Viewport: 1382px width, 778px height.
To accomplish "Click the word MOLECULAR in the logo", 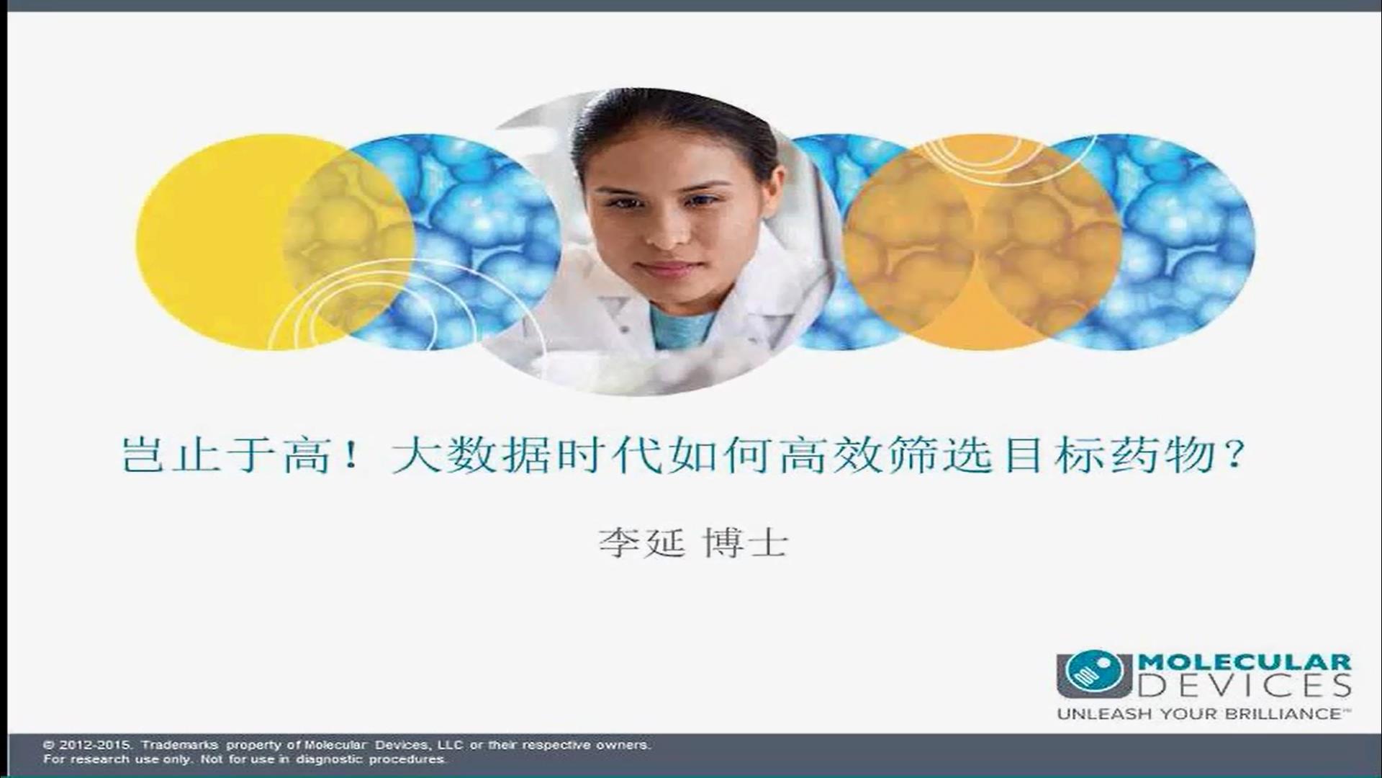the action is [x=1243, y=662].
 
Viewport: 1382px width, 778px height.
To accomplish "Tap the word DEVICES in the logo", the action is [x=1243, y=686].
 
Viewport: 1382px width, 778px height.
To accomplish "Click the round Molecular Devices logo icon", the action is [x=1094, y=674].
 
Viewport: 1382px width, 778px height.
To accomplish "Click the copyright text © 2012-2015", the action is [x=87, y=745].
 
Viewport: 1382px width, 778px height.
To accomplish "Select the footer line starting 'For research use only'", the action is [x=245, y=759].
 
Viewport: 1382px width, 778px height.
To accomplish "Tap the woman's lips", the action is [x=666, y=269].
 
